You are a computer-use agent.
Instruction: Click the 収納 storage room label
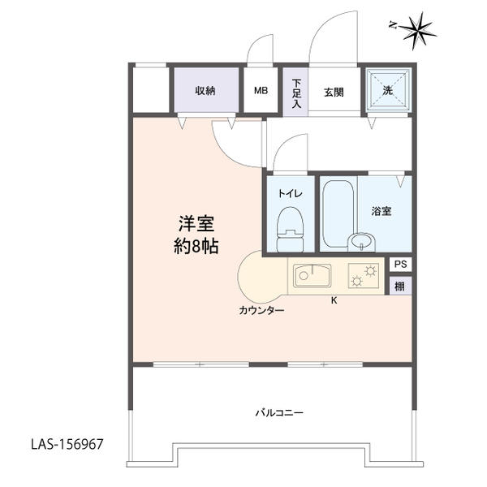[x=205, y=91]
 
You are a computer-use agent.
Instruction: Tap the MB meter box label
[x=261, y=91]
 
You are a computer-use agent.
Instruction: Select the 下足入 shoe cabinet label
[x=296, y=93]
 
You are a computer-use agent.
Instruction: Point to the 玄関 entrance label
[x=334, y=93]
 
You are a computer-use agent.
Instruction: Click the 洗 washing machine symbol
[x=388, y=89]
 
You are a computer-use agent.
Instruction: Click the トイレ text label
[x=290, y=193]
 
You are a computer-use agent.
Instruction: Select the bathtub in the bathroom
[x=338, y=214]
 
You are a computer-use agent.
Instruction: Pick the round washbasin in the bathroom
[x=361, y=242]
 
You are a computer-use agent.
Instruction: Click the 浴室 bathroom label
[x=381, y=211]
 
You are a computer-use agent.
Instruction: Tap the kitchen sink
[x=312, y=275]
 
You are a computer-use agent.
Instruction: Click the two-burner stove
[x=364, y=275]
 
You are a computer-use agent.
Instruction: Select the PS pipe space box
[x=401, y=265]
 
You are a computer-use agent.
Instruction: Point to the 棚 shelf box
[x=400, y=286]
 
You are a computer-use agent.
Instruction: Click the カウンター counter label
[x=261, y=310]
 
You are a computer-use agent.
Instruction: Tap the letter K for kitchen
[x=334, y=300]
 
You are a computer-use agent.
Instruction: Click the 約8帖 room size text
[x=196, y=247]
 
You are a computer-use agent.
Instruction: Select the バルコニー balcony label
[x=279, y=413]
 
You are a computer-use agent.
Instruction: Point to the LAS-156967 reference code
[x=67, y=444]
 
